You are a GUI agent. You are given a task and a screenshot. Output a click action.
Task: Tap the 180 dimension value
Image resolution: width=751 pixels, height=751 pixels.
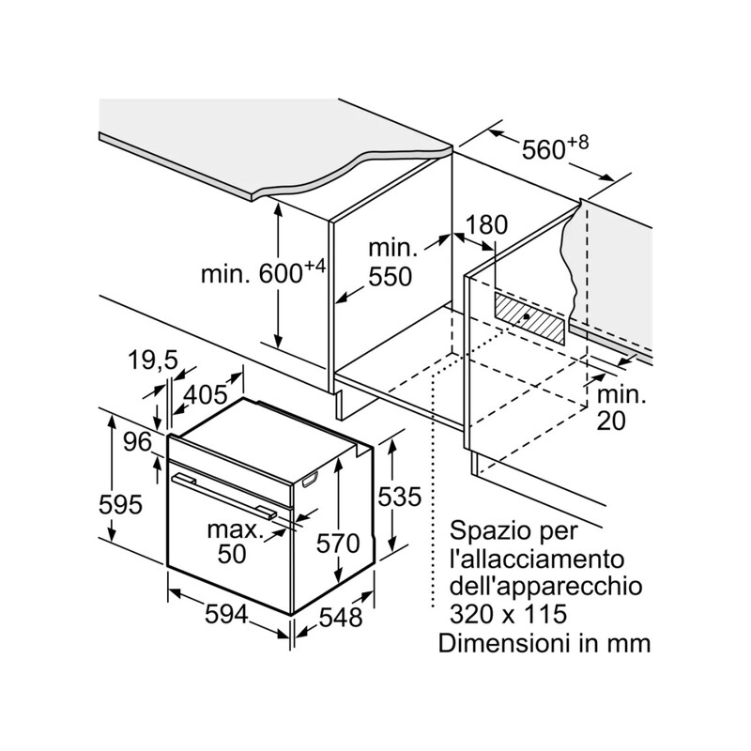[485, 225]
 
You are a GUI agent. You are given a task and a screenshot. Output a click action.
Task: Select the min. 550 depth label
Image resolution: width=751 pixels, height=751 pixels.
[391, 263]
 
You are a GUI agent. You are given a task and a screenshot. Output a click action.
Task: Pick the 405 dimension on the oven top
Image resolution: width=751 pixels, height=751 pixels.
[206, 394]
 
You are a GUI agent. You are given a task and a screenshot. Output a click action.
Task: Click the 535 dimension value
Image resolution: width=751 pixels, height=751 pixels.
[401, 497]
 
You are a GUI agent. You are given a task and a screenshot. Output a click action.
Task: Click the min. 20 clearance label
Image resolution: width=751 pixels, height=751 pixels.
[621, 407]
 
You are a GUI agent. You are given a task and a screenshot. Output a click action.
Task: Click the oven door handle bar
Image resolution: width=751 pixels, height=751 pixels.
[225, 494]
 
